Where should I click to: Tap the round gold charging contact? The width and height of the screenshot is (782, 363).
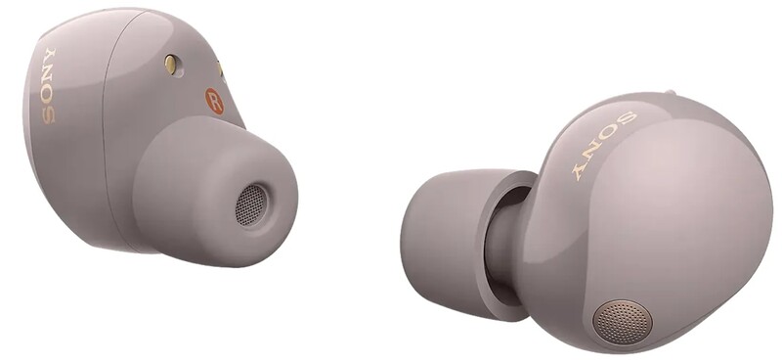click(x=171, y=65)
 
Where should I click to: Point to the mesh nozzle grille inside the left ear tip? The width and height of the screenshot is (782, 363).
click(x=252, y=204)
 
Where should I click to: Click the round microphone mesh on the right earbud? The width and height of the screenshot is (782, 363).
click(x=623, y=321)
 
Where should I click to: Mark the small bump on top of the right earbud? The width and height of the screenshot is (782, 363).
click(x=670, y=95)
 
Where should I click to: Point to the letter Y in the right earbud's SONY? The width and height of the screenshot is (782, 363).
click(x=580, y=170)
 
